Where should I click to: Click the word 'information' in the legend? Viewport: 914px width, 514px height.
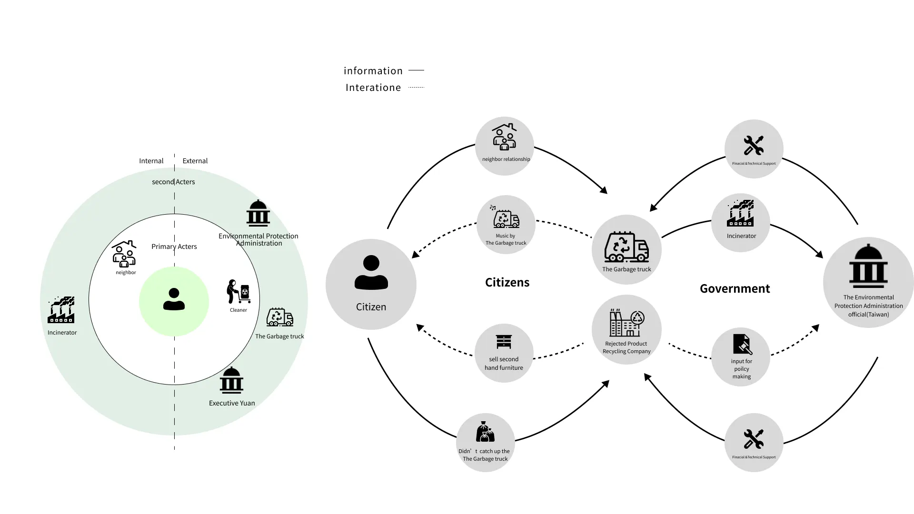point(373,71)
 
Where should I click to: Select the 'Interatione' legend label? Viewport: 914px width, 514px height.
point(373,88)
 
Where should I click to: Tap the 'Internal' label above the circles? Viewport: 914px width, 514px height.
point(151,161)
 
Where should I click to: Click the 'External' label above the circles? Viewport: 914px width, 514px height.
point(195,161)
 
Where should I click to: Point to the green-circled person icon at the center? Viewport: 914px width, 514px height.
point(174,300)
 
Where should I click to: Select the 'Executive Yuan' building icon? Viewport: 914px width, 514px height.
point(231,380)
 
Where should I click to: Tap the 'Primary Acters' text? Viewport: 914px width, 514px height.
point(174,247)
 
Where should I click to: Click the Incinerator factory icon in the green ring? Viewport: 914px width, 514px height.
point(61,310)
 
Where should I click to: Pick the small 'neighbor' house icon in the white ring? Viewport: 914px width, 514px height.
point(124,254)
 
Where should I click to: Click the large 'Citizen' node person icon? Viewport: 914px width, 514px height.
point(371,273)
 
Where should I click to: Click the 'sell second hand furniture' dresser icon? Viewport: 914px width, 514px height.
point(504,342)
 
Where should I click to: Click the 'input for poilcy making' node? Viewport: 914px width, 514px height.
point(741,356)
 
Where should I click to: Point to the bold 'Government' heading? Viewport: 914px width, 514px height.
point(735,288)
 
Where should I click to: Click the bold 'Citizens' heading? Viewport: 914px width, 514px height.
point(507,282)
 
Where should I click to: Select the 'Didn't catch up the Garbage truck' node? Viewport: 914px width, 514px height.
point(485,442)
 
